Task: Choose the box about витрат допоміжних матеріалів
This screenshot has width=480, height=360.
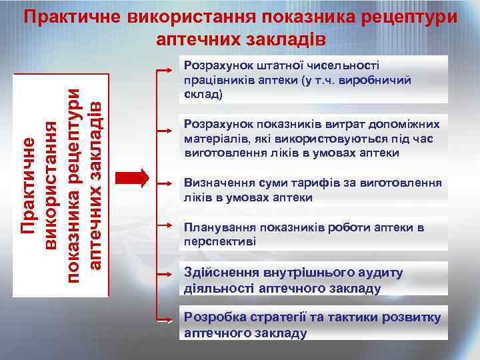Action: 313,139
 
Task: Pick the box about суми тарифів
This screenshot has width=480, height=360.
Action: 313,189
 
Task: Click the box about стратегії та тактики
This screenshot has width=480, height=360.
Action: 313,325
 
